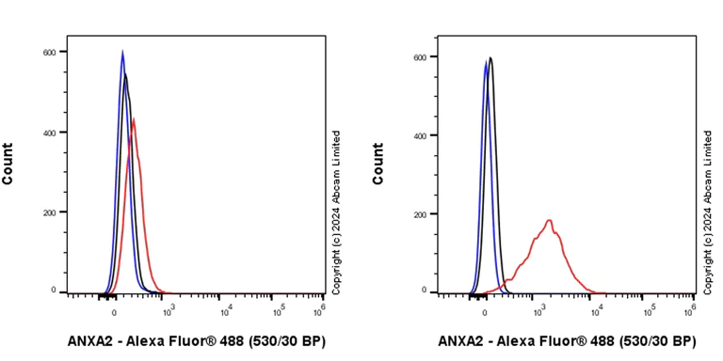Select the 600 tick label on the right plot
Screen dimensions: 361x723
[421, 56]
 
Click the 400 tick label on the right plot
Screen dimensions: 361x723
[421, 135]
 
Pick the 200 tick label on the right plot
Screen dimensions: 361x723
[421, 214]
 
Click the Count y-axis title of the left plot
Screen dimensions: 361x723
[8, 164]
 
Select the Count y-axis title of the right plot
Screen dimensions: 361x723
[378, 164]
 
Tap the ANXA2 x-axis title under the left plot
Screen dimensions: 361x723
[197, 340]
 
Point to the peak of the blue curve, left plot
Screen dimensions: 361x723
[122, 53]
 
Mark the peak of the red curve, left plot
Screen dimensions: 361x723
[134, 118]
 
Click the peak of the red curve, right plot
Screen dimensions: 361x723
[549, 221]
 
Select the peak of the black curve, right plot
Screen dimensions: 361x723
[490, 58]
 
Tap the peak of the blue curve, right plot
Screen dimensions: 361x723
[486, 62]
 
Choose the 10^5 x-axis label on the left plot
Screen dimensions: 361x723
[279, 308]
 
